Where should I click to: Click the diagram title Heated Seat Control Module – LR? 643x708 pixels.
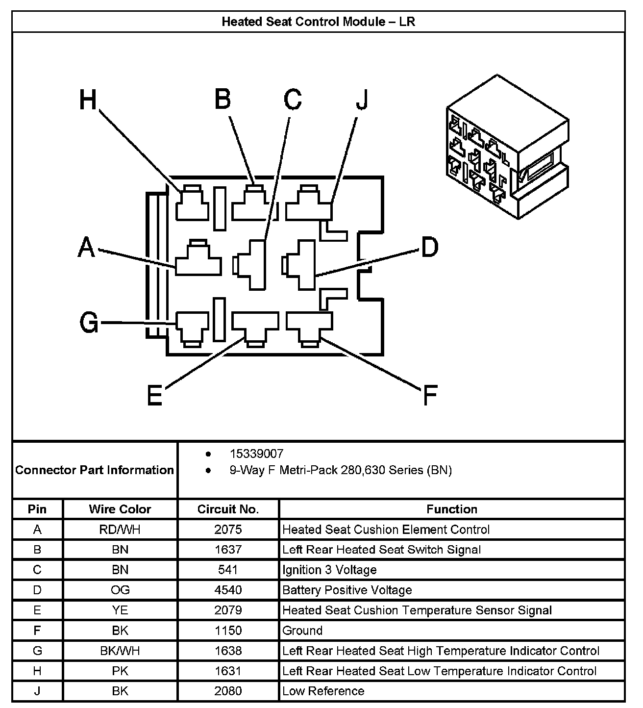tap(319, 22)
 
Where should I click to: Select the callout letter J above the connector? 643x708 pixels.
tap(362, 100)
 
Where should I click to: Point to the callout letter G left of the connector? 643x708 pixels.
tap(89, 323)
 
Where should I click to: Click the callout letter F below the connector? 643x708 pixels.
tap(429, 395)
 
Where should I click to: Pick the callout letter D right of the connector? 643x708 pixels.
tap(429, 247)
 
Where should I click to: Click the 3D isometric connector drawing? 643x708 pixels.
tap(507, 147)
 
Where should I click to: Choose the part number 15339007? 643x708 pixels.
tap(256, 454)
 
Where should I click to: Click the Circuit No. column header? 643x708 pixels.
tap(228, 509)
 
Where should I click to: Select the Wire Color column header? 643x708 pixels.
tap(120, 509)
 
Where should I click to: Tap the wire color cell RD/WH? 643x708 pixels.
tap(120, 530)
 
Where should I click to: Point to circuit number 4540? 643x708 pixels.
tap(228, 590)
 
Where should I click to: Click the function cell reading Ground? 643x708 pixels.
tap(302, 631)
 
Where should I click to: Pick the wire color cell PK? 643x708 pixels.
tap(120, 671)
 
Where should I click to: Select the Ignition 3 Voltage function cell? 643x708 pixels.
tap(329, 570)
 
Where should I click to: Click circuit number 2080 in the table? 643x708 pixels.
tap(228, 691)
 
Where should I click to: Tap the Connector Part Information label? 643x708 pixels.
tap(95, 470)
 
